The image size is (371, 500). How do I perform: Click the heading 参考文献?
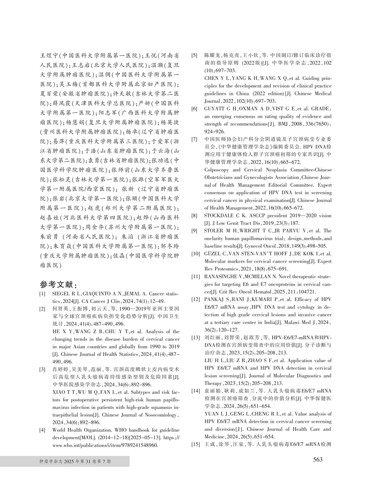61,284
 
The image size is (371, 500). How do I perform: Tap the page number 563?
318,460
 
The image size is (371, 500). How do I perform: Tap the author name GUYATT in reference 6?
215,109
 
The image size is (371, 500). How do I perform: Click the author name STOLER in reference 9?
214,231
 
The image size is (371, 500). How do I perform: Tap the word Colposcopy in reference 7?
216,170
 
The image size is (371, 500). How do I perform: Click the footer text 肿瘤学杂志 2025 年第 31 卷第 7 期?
75,461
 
